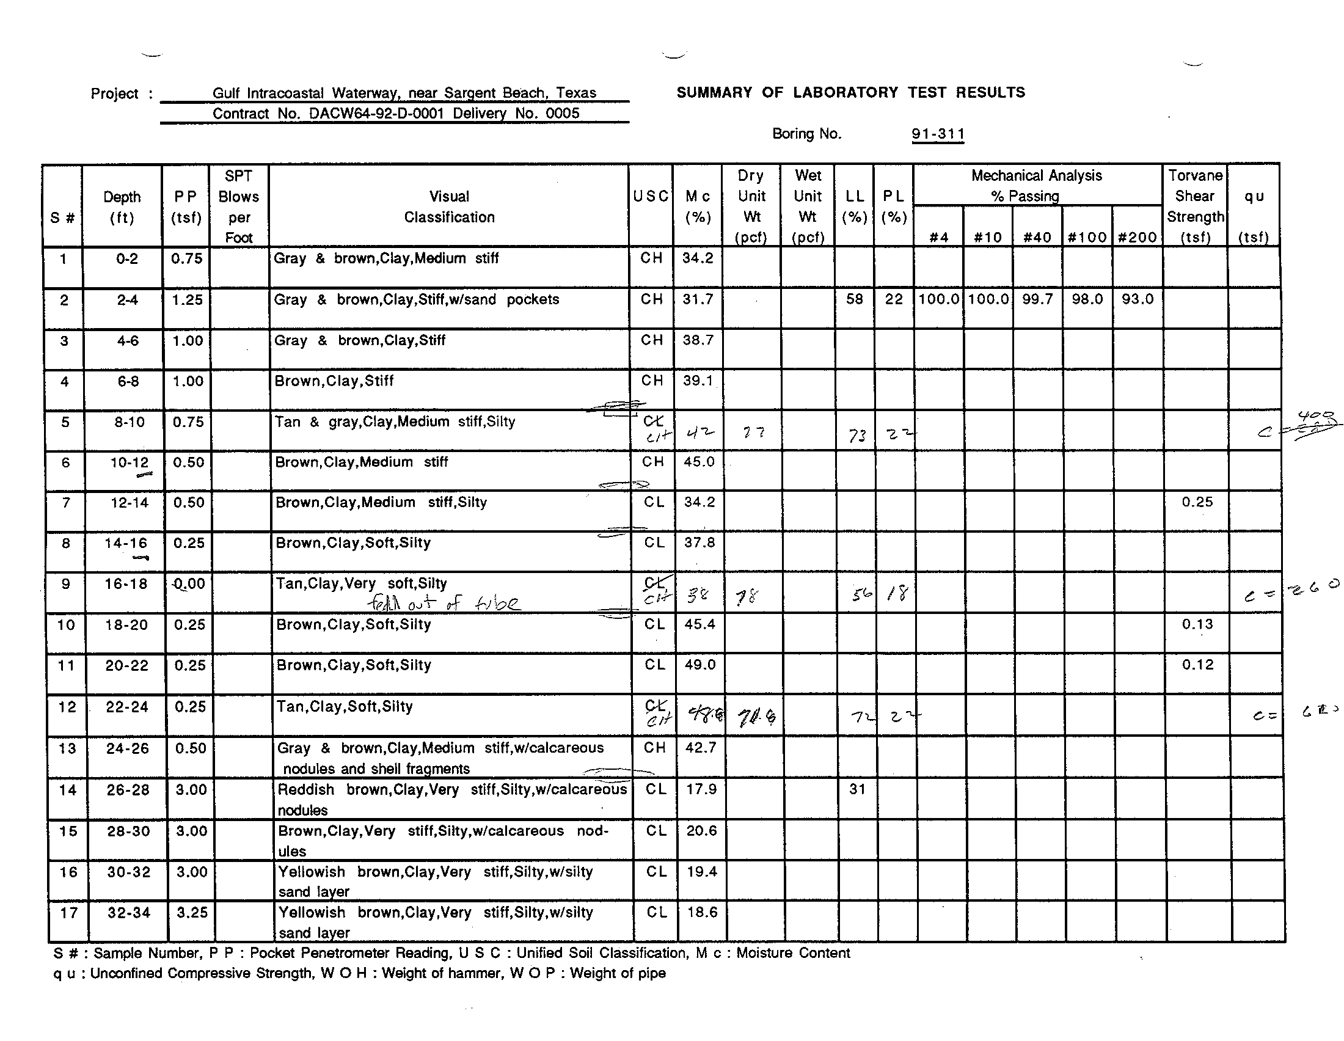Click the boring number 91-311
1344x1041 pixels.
937,134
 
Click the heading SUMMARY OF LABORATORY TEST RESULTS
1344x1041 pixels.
850,93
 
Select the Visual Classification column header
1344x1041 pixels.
449,206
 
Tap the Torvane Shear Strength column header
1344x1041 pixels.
1195,206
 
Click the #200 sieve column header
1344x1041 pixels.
1137,238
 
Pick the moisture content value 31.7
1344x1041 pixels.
698,299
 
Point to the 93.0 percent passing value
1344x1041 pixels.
1137,299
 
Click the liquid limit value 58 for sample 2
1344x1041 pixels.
854,299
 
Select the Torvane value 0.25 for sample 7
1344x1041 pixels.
1197,502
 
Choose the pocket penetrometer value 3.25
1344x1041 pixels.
192,913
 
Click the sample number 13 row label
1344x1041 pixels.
67,749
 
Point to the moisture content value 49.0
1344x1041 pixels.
701,665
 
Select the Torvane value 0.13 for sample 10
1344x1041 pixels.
1197,624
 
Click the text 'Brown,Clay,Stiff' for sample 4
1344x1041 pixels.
334,381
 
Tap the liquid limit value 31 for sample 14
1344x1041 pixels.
857,789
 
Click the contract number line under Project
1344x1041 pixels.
396,114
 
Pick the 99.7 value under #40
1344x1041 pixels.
1037,299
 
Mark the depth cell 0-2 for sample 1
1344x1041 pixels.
127,259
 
